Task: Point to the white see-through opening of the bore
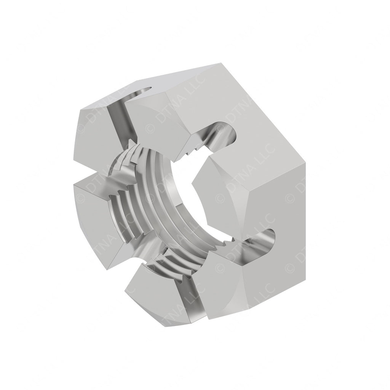(183, 190)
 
